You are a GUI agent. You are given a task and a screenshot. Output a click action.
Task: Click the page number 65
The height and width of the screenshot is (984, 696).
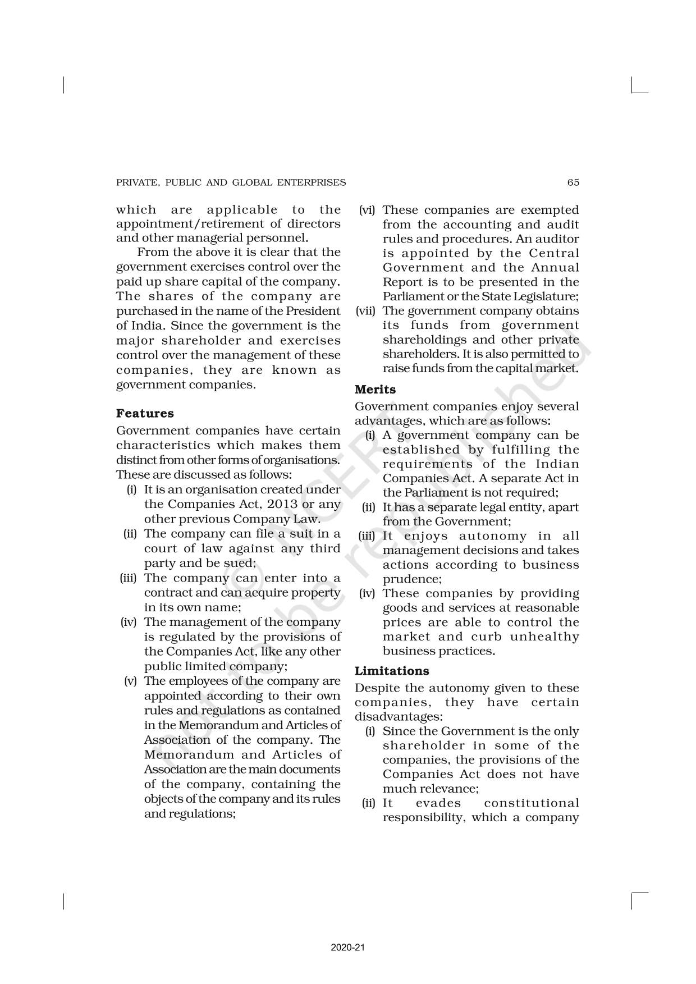pos(573,182)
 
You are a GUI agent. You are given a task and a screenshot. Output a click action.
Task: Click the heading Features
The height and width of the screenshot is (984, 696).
pos(145,414)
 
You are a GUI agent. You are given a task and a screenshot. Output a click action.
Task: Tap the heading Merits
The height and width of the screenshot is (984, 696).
pos(375,390)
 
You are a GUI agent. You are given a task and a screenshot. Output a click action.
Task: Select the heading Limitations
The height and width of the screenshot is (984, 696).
pos(392,671)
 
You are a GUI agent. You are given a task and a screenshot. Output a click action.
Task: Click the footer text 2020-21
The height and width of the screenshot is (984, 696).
pos(348,948)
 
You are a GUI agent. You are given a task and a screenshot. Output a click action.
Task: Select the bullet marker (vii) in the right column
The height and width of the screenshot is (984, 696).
pos(367,311)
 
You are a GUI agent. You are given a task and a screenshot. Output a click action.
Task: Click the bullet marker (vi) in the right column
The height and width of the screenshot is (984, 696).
pos(368,210)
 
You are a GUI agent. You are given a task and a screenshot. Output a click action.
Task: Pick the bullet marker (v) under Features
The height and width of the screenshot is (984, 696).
pos(130,681)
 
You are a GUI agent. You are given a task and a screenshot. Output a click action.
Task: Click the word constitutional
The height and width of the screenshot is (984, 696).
pos(531,803)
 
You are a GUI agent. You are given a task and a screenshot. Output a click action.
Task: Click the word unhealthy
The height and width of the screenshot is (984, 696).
pos(544,637)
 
